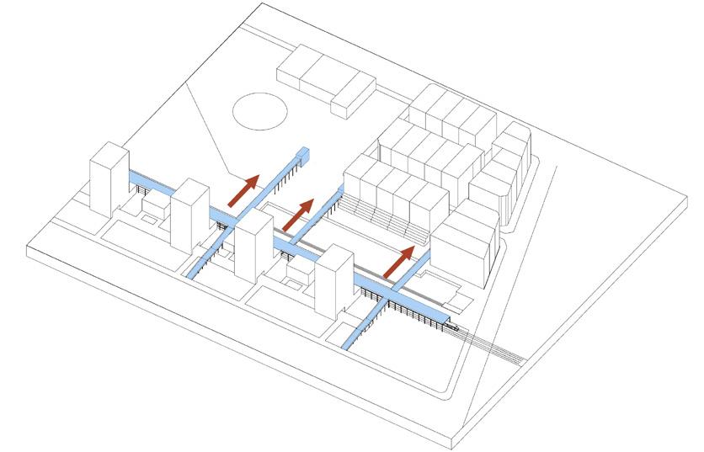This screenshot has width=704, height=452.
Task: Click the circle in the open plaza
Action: tap(259, 111)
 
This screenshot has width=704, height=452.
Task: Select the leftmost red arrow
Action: tap(243, 190)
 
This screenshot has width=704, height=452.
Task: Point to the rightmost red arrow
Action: tap(398, 261)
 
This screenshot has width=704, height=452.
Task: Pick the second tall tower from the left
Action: tap(189, 214)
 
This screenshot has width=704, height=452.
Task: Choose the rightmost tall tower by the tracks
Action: tap(335, 281)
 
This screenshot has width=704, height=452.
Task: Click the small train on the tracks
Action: tap(453, 323)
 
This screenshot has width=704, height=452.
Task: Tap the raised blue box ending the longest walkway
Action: tap(304, 155)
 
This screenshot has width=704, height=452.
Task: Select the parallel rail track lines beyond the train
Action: tap(497, 347)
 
